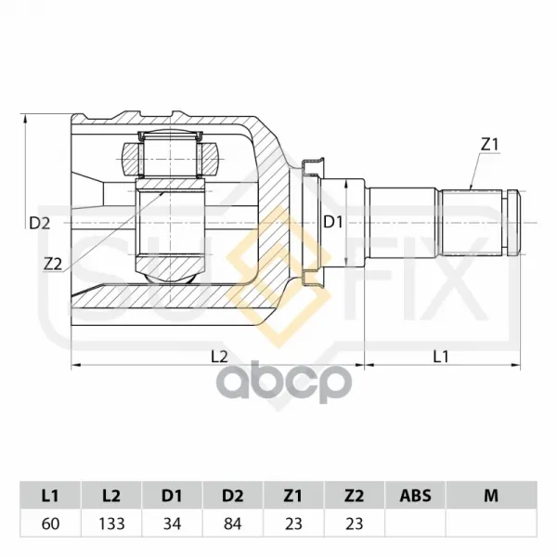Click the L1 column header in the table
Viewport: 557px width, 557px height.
coord(50,496)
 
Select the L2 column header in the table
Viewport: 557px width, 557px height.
coord(111,496)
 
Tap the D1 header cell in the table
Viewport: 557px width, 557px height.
coord(172,496)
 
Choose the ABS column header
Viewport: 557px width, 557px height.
coord(415,496)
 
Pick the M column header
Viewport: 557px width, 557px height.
coord(491,496)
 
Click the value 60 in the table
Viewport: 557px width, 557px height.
coord(50,524)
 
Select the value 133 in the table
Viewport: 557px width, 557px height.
coord(111,524)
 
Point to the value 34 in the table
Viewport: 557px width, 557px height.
coord(172,524)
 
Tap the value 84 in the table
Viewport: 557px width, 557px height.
coord(233,524)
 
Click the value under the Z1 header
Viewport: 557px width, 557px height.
coord(293,524)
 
